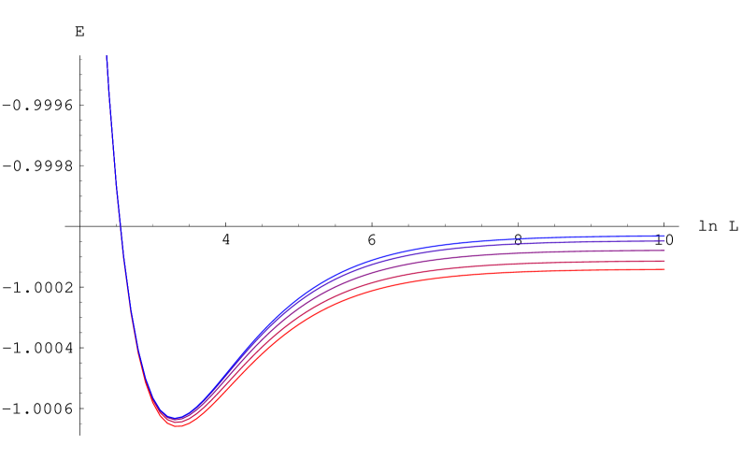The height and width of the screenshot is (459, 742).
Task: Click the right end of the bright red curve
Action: [664, 269]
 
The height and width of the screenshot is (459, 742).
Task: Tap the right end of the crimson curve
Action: [664, 261]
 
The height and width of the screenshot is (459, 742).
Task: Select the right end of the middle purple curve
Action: [664, 251]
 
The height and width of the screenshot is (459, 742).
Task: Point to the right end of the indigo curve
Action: [664, 241]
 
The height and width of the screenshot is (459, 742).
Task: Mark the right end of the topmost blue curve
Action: [664, 236]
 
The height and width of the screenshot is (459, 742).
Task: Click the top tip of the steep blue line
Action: [107, 56]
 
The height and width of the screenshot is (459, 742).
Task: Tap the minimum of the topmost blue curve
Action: [175, 417]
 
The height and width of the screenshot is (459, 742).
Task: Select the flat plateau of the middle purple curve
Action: [561, 252]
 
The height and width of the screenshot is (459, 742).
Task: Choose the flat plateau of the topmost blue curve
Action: [561, 237]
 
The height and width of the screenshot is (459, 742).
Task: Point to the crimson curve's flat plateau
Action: [561, 264]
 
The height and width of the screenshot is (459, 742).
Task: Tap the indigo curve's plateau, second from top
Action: [561, 242]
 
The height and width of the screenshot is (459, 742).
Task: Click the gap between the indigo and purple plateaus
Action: [607, 246]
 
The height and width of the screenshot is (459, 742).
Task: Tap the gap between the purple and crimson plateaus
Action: [607, 256]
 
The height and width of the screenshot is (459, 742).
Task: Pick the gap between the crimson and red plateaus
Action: [607, 265]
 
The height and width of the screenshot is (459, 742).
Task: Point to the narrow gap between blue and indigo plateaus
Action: [607, 238]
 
